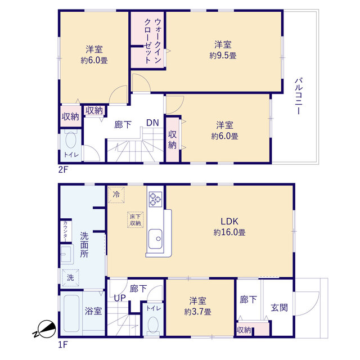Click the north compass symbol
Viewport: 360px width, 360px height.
(45, 329)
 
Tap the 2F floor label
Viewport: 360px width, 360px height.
(63, 170)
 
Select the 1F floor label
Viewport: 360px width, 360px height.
(62, 345)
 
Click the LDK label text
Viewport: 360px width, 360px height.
(229, 221)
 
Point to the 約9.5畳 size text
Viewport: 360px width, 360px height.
(223, 56)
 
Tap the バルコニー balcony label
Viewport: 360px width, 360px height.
(299, 96)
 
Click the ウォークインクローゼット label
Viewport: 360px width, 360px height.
(152, 41)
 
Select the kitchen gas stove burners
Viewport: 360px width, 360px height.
(155, 199)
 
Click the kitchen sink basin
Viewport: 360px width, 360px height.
(155, 238)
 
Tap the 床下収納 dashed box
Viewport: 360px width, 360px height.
(135, 220)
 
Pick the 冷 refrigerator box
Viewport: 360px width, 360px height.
(116, 195)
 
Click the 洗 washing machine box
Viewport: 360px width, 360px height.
(70, 277)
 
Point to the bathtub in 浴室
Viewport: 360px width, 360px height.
(71, 313)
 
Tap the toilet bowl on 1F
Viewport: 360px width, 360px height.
(153, 325)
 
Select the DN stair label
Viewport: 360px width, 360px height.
(152, 123)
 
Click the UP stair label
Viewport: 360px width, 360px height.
(120, 298)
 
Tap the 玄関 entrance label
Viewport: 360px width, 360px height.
(279, 308)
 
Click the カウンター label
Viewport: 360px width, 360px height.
(65, 231)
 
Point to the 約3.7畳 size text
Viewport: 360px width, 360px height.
(197, 312)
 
